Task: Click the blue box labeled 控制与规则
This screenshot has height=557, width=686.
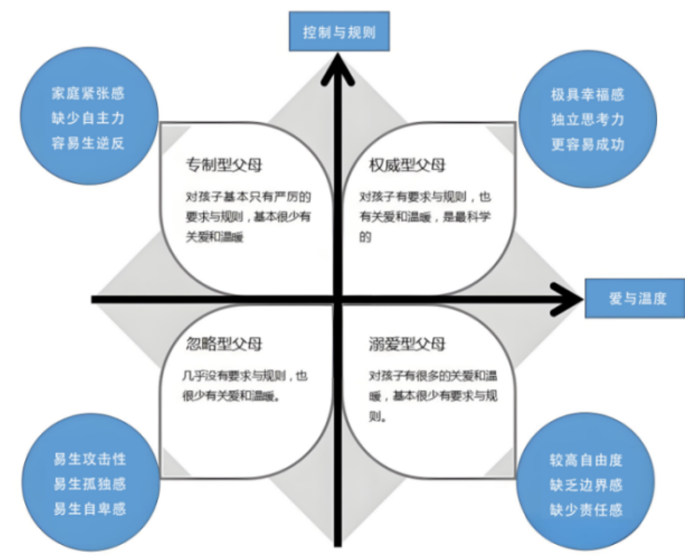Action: coord(339,32)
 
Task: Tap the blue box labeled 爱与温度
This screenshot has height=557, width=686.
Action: coord(635,298)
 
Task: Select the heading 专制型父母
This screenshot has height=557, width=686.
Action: coord(224,165)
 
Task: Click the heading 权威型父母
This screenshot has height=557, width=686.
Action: coord(407,165)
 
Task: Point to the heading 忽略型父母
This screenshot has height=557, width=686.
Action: coord(224,344)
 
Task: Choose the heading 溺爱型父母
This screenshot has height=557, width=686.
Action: coord(407,344)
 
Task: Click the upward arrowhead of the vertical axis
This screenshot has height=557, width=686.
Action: coord(338,68)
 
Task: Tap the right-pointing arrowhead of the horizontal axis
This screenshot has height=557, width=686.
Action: coord(566,299)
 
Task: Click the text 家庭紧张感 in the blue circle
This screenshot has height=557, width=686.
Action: coord(88,93)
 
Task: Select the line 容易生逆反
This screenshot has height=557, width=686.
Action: coord(88,143)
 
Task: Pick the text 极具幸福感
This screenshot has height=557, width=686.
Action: coord(588,95)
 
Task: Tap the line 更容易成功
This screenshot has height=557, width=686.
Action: coord(588,145)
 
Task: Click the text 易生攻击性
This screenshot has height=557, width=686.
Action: coord(90,459)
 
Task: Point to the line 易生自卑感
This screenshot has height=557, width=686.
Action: coord(90,509)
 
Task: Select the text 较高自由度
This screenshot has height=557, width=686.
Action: coord(586,461)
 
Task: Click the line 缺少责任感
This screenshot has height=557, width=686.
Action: coord(586,510)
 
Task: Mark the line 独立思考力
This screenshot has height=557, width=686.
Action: coord(588,120)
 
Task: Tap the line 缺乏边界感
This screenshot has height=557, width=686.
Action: coord(586,485)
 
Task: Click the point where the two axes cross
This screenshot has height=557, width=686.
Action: coord(338,299)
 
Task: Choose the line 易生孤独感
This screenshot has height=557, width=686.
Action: coord(90,484)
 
